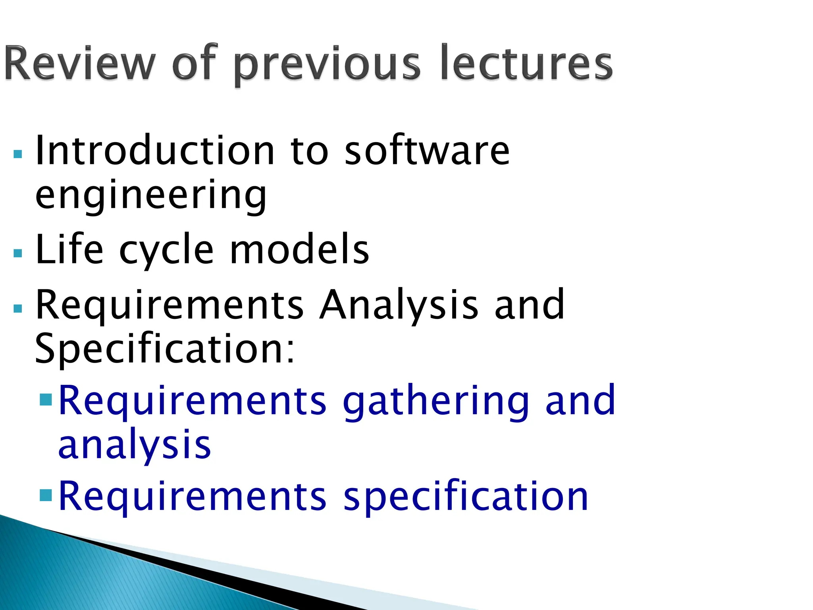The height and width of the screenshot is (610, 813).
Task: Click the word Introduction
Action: [x=155, y=151]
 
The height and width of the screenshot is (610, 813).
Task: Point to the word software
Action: [x=427, y=151]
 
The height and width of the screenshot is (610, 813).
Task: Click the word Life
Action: [x=69, y=249]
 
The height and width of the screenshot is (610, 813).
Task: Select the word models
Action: [x=300, y=249]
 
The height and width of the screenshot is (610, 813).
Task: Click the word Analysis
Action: [x=399, y=305]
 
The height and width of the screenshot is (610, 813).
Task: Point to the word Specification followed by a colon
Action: [x=165, y=349]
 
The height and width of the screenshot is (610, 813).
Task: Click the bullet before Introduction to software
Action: [x=18, y=154]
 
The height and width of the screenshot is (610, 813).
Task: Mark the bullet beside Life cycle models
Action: [x=18, y=253]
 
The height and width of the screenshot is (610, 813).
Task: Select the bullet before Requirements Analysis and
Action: [x=18, y=309]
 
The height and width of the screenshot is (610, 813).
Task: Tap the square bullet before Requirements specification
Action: [x=46, y=495]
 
